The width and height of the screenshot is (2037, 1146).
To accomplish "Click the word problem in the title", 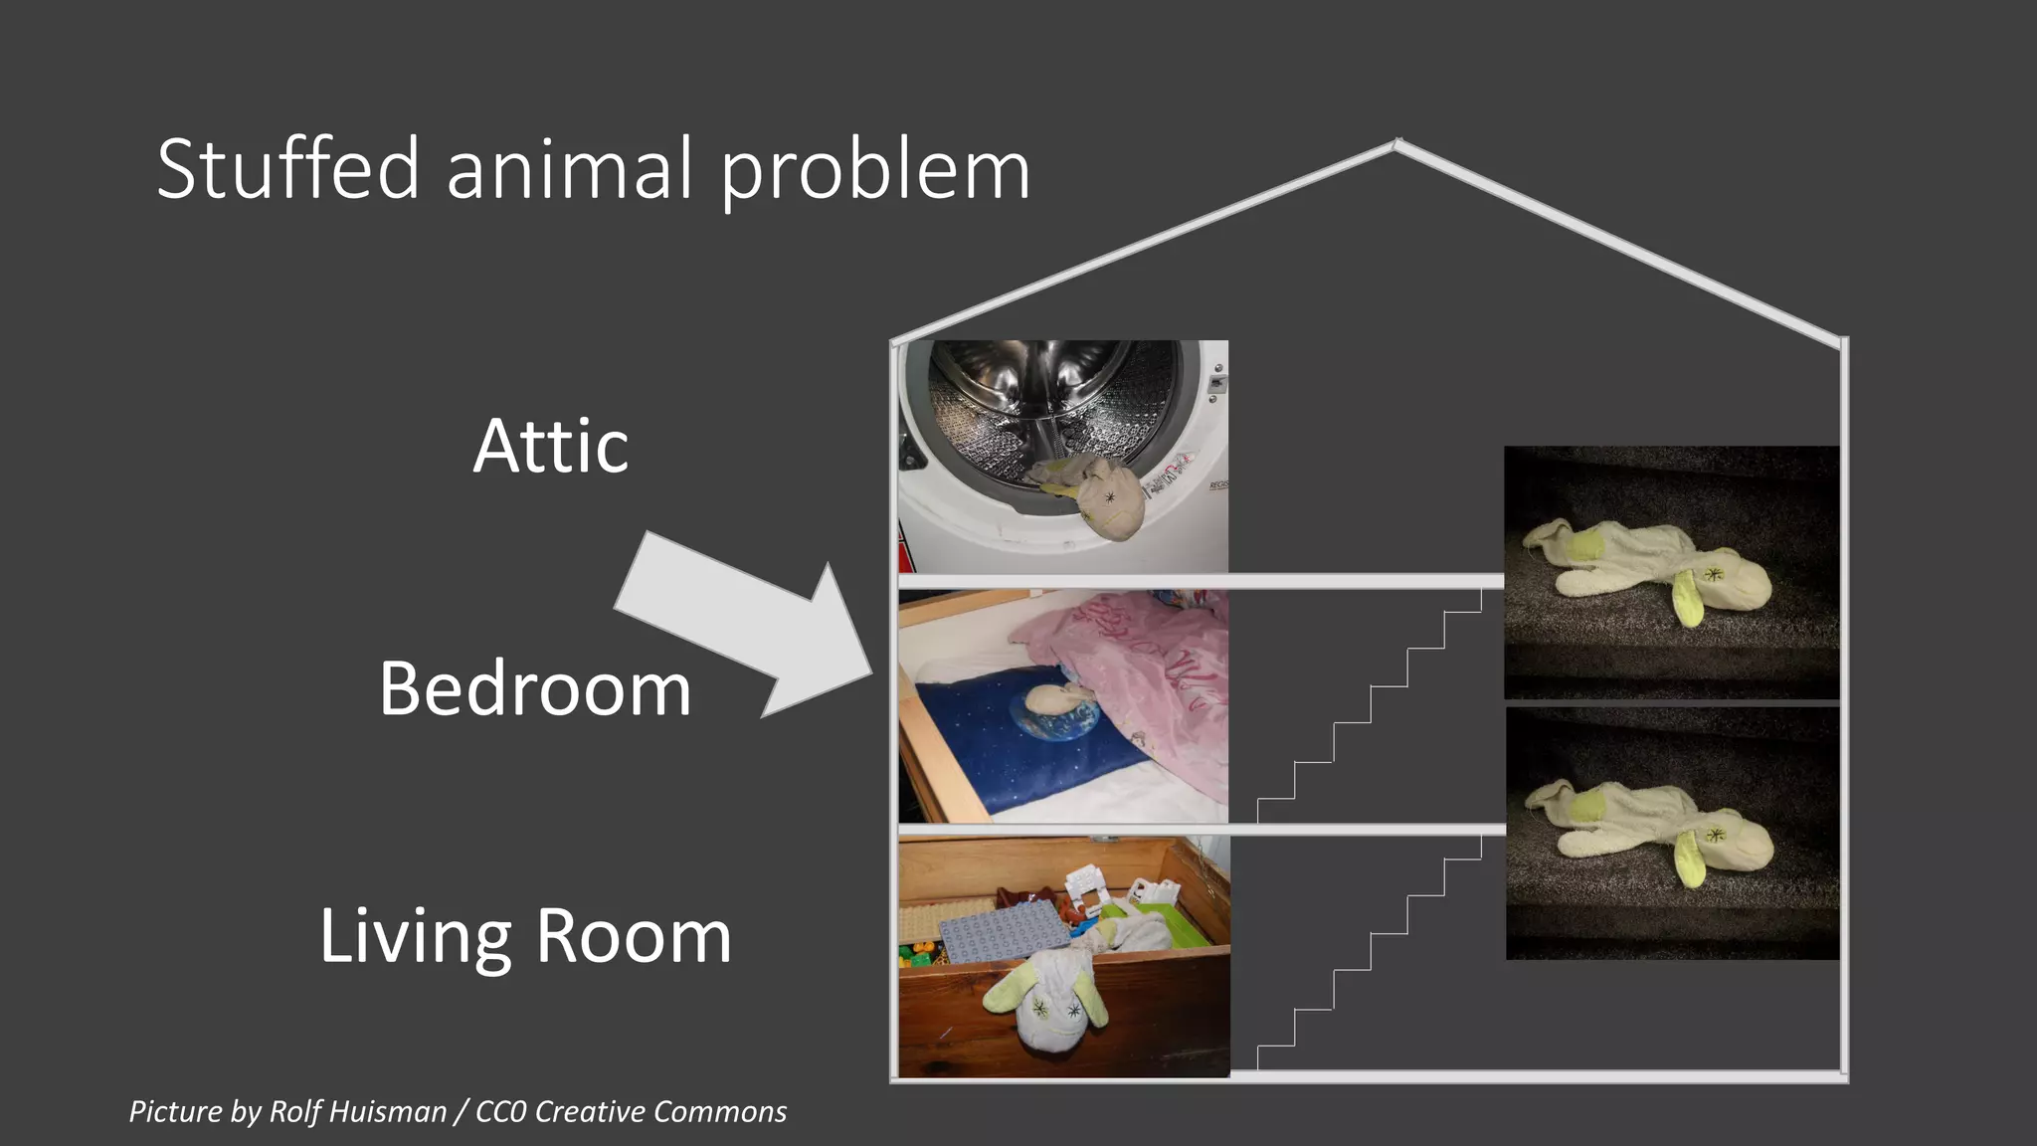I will (x=875, y=171).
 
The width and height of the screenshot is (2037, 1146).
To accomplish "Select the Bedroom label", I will (x=535, y=688).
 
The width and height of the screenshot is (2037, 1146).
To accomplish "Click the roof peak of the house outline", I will (x=1397, y=145).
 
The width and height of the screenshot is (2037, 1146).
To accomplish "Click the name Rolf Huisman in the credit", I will (x=358, y=1111).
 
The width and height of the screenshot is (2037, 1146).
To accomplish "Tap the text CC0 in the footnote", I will (x=501, y=1111).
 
